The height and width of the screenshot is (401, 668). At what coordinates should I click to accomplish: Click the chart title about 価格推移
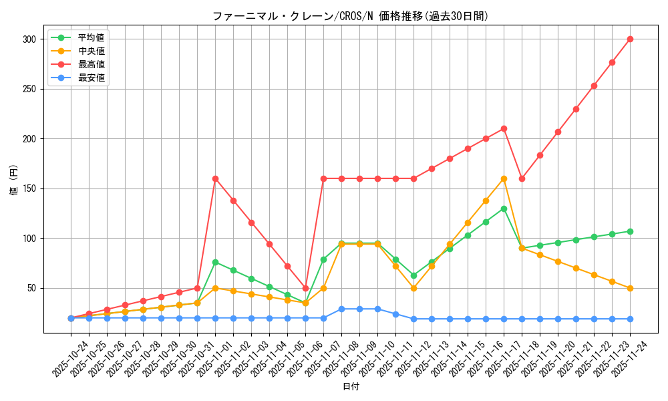pyautogui.click(x=350, y=16)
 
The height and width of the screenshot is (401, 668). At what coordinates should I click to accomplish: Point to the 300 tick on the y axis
pyautogui.click(x=28, y=39)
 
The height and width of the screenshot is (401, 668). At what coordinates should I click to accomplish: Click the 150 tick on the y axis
pyautogui.click(x=28, y=188)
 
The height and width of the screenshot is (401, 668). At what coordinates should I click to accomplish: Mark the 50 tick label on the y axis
pyautogui.click(x=30, y=288)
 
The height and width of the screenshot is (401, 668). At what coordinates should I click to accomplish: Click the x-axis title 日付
pyautogui.click(x=350, y=387)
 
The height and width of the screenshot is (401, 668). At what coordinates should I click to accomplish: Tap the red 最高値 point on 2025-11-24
pyautogui.click(x=630, y=39)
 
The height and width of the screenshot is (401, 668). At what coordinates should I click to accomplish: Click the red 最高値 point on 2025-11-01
pyautogui.click(x=215, y=178)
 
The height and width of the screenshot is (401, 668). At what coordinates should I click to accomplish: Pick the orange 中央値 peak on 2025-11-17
pyautogui.click(x=504, y=178)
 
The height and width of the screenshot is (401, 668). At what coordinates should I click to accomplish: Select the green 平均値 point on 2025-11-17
pyautogui.click(x=504, y=209)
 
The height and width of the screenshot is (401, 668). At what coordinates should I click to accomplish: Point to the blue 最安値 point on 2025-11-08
pyautogui.click(x=359, y=309)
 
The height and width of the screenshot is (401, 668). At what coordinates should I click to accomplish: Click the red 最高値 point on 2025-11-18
pyautogui.click(x=522, y=178)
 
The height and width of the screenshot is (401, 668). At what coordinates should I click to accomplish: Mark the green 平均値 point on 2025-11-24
pyautogui.click(x=630, y=231)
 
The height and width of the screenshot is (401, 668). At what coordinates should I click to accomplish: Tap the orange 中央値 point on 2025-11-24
pyautogui.click(x=630, y=288)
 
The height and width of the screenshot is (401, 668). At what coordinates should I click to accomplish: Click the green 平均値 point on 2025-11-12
pyautogui.click(x=413, y=275)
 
